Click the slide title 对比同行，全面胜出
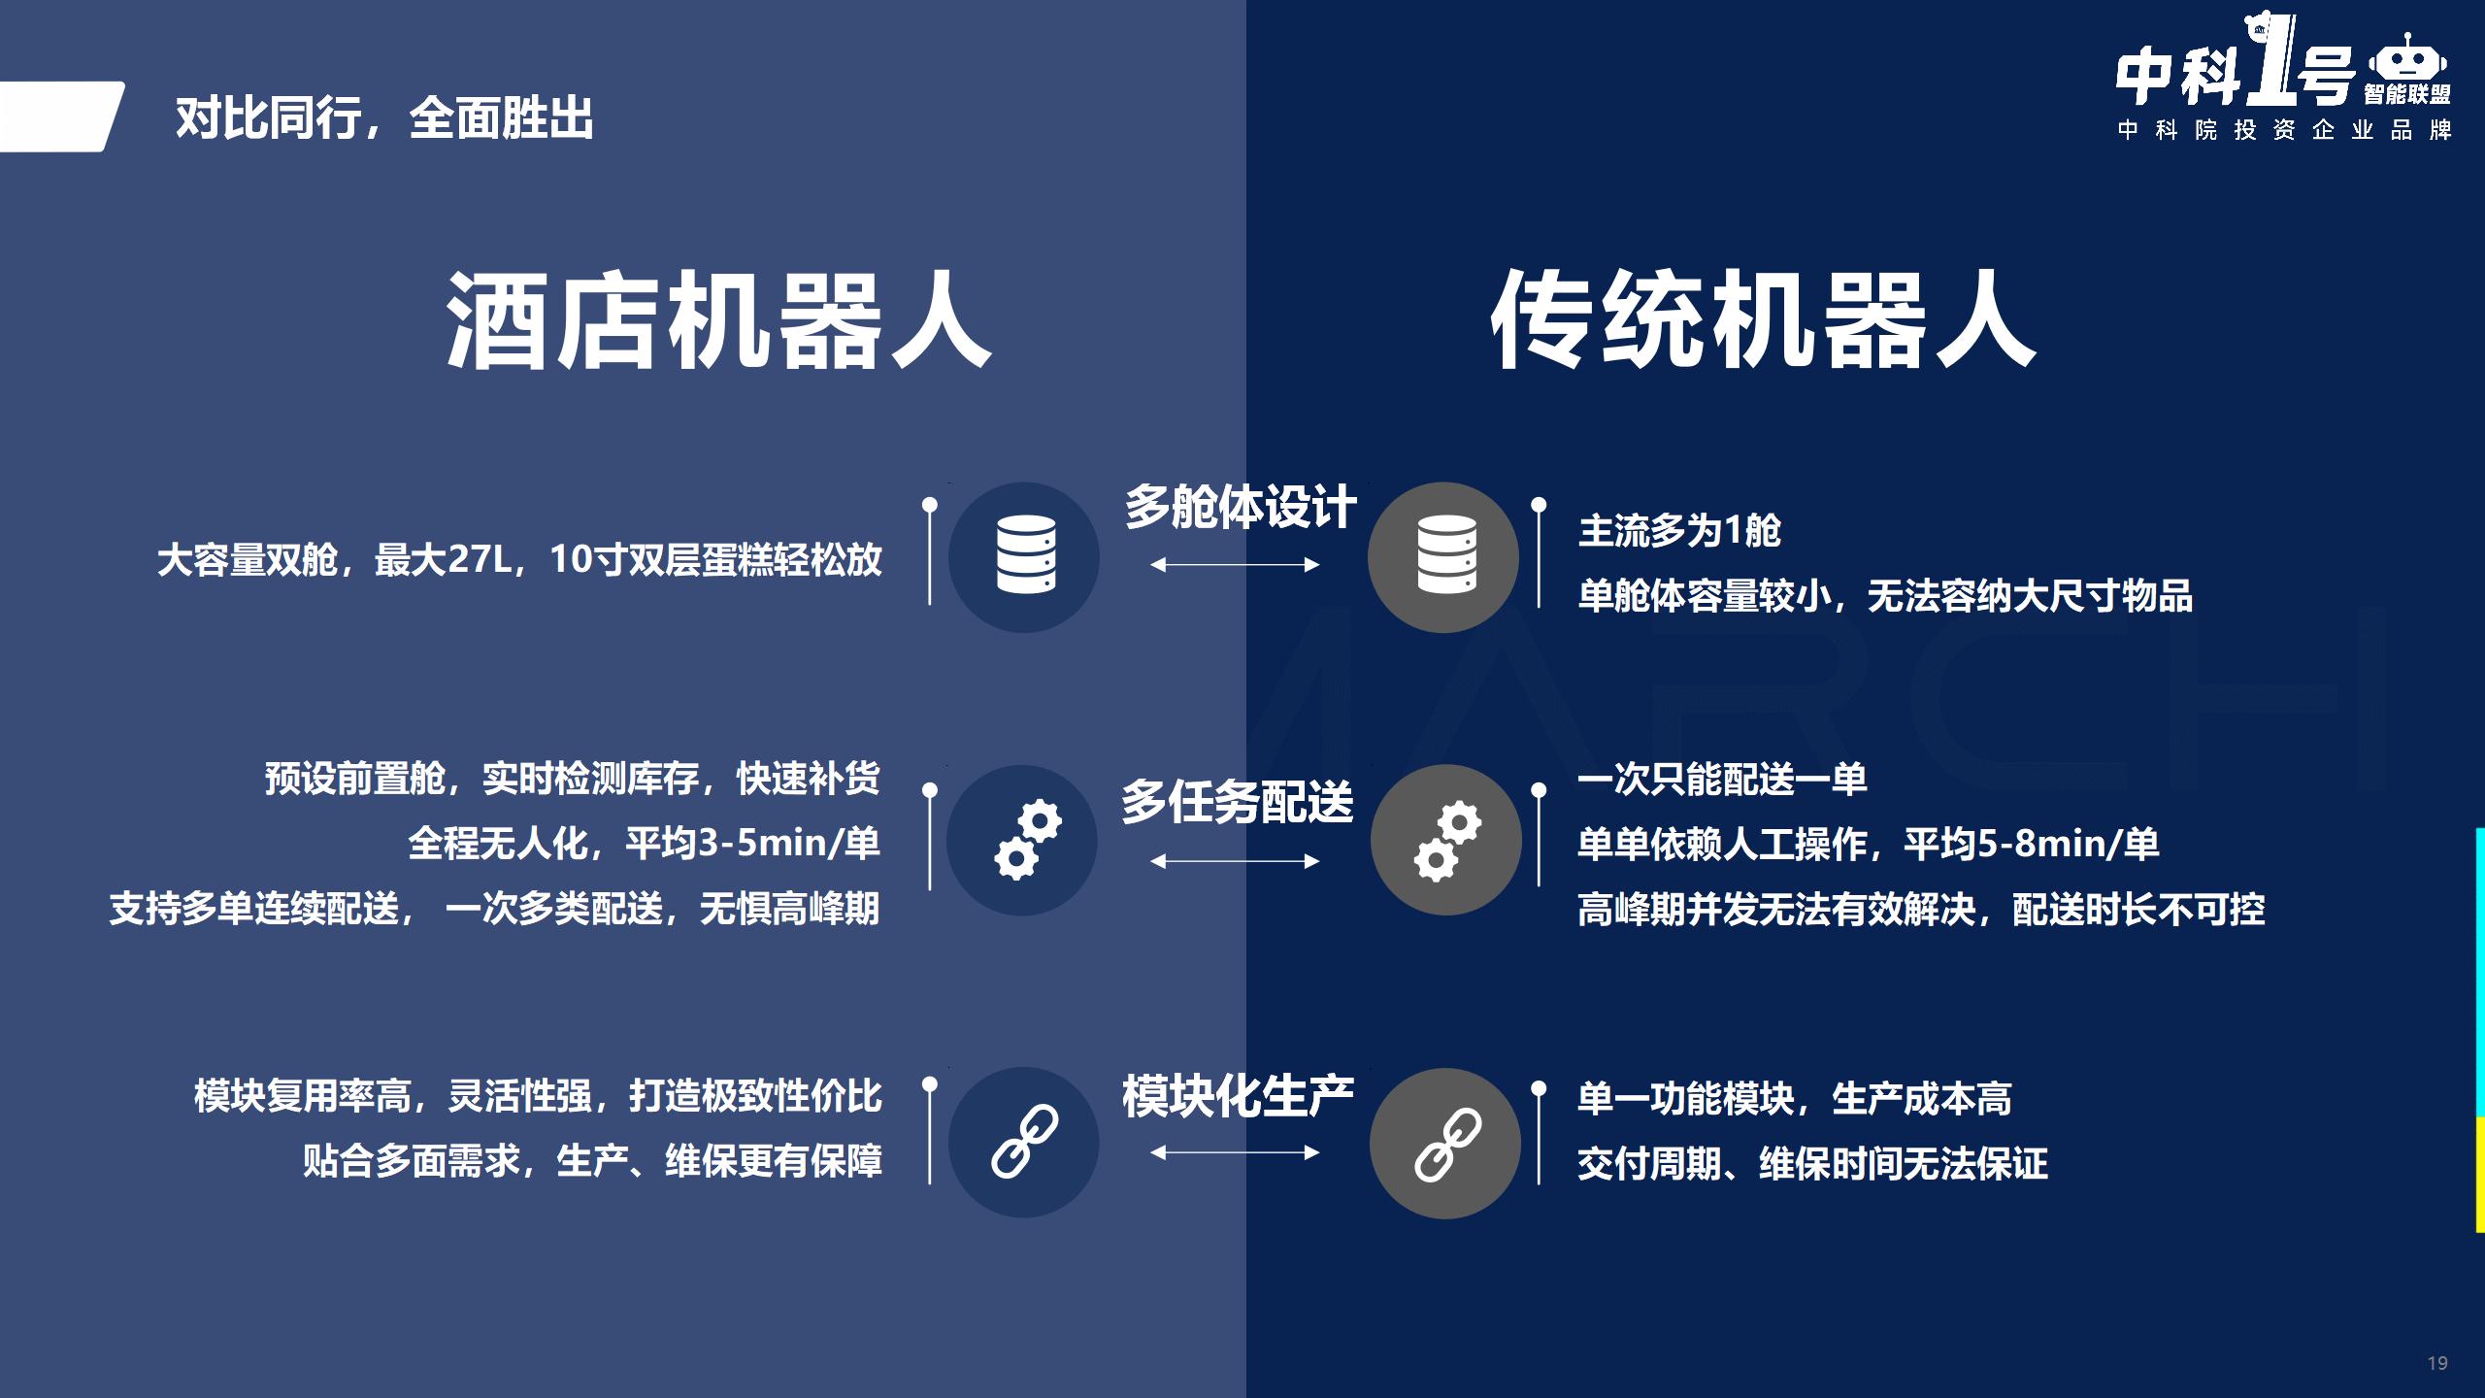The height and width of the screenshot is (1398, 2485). (384, 118)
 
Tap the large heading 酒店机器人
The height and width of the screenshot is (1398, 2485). (718, 319)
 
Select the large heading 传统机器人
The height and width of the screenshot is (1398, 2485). (1763, 319)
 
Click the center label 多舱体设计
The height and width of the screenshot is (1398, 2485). (1241, 507)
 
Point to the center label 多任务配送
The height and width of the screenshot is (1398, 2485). (1238, 802)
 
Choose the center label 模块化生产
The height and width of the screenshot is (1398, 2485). (1238, 1096)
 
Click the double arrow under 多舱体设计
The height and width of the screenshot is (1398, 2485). (1235, 565)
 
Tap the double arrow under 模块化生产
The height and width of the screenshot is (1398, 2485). (1235, 1152)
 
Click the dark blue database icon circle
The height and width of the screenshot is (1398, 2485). (1024, 557)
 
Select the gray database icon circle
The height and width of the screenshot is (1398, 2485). (1443, 557)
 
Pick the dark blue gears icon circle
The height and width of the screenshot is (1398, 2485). (1022, 840)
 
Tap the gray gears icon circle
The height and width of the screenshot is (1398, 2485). (1446, 840)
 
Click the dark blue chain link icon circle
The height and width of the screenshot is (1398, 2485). (1024, 1143)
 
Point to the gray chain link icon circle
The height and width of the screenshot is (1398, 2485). (1445, 1144)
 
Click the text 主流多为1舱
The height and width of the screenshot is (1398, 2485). (1679, 531)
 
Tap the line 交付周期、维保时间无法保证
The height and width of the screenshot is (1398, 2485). (1812, 1163)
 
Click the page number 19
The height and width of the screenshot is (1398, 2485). (2437, 1363)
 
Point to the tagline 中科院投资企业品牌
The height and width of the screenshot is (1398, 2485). (2285, 130)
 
